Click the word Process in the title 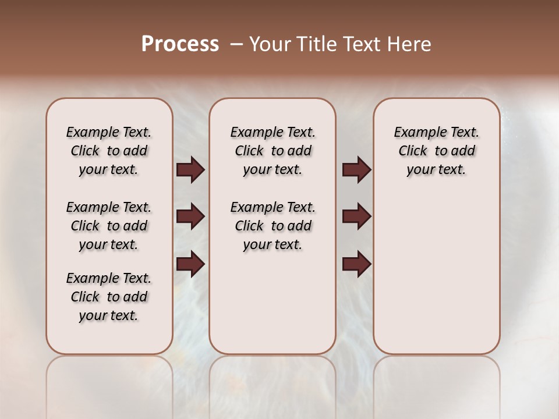(180, 44)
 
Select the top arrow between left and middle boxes (190, 170)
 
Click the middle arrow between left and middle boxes (190, 217)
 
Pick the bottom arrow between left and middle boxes (190, 264)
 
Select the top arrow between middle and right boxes (356, 170)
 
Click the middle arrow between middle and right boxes (356, 217)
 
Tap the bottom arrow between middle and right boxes (356, 264)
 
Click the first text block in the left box (109, 151)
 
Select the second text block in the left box (109, 226)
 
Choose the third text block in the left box (109, 297)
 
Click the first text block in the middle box (273, 151)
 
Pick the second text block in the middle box (273, 226)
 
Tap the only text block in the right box (436, 151)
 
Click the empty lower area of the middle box (273, 303)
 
